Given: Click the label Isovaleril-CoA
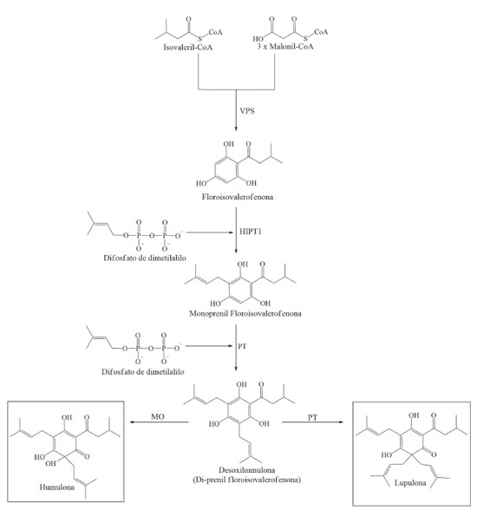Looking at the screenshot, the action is tap(187, 48).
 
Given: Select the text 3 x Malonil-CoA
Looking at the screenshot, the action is tap(285, 47).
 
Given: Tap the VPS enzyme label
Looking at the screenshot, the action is tap(247, 111).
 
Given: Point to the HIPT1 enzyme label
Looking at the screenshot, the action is tap(251, 232).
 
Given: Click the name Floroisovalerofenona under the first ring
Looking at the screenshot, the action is tap(238, 197).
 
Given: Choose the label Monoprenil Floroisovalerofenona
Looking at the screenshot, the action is tap(245, 314).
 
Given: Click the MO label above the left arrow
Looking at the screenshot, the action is tap(158, 416).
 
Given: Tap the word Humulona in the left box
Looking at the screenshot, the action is tap(57, 487).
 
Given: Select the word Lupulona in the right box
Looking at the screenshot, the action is tap(410, 482).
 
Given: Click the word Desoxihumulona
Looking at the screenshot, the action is tap(247, 470).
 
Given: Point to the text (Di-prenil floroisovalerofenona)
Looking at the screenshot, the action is tap(246, 480).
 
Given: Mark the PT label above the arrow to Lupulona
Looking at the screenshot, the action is tap(312, 417).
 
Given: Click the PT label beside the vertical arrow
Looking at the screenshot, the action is tap(242, 346).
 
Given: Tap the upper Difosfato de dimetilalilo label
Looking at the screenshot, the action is tap(145, 258).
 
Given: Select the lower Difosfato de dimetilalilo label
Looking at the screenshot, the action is tap(143, 372).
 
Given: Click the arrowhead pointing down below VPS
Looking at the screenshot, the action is tap(236, 128).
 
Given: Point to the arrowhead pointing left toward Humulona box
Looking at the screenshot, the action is tap(133, 422).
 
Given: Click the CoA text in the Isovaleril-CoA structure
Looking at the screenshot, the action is tap(215, 32).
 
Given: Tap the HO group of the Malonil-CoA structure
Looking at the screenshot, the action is tap(258, 39).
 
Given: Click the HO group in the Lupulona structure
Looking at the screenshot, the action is tap(387, 454).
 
